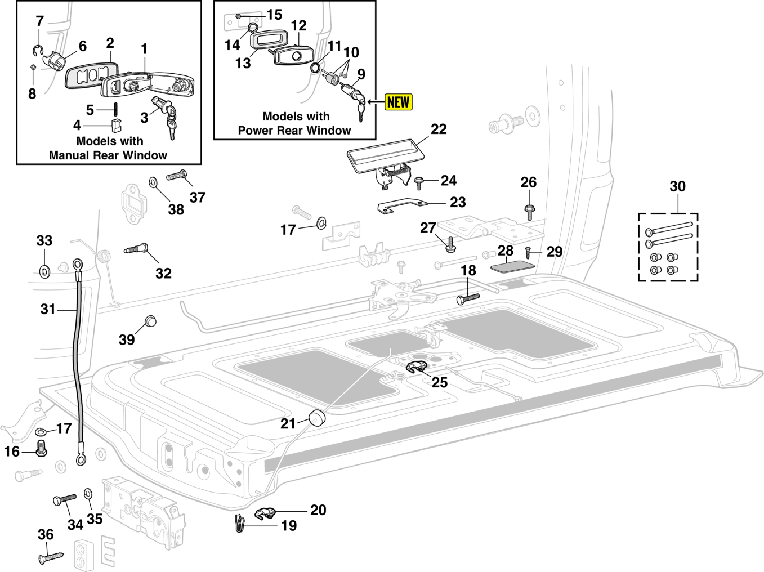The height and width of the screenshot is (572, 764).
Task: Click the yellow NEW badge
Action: pos(398,102)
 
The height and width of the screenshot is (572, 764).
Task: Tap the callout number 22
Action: pos(439,129)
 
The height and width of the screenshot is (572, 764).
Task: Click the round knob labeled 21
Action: pos(318,418)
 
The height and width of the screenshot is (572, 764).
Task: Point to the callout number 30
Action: pos(677,186)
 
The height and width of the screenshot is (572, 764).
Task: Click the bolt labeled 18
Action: pos(468,298)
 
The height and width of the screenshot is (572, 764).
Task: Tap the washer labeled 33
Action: pos(44,272)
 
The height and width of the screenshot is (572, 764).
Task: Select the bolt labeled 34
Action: pos(64,499)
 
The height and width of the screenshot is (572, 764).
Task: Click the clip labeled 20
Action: pos(265,513)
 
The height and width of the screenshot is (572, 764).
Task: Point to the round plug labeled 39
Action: pos(150,321)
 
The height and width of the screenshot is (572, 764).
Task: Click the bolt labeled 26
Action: pos(529,212)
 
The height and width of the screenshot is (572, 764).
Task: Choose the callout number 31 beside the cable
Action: pos(48,309)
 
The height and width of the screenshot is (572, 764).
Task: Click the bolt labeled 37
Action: pos(176,176)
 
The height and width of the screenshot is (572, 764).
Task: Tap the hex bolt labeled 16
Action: pos(41,448)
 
